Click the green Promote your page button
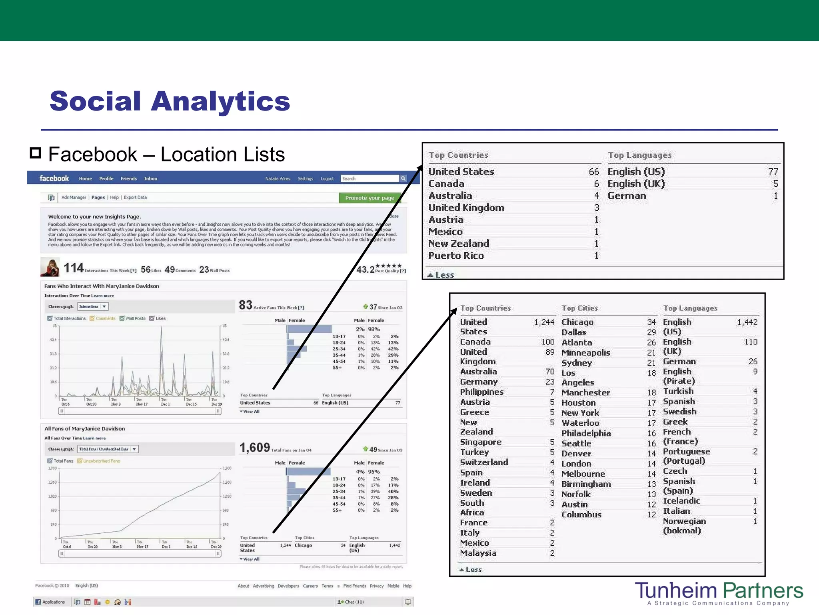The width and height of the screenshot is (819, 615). (x=370, y=198)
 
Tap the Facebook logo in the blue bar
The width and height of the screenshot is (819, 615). (x=54, y=179)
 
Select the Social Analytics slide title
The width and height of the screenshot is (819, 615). (x=170, y=101)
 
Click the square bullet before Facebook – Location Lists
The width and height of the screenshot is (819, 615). (x=36, y=153)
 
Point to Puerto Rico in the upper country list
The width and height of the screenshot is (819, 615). (x=456, y=255)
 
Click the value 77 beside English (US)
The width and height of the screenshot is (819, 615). (x=773, y=172)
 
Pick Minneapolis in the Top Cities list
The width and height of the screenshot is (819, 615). (x=585, y=353)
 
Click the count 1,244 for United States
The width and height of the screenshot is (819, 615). (x=544, y=322)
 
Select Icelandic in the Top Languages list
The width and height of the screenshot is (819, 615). (x=681, y=501)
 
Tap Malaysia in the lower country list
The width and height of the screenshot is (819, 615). (x=478, y=553)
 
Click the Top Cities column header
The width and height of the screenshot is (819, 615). (x=579, y=308)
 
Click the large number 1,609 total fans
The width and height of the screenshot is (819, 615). (x=255, y=448)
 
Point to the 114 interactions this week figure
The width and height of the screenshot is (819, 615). (x=74, y=268)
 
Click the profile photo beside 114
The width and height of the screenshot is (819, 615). (x=50, y=267)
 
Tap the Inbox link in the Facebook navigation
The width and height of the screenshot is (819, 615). (x=150, y=179)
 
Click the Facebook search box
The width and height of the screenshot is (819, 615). (x=370, y=179)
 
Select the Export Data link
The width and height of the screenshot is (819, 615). (x=135, y=197)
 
